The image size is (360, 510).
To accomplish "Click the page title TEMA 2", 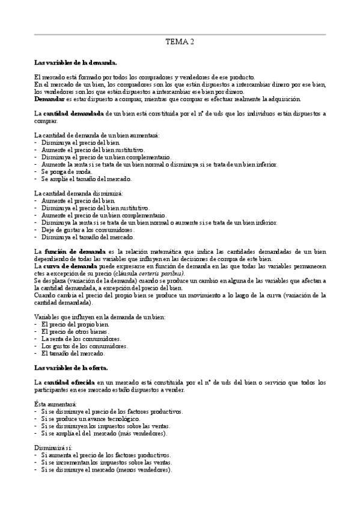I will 180,41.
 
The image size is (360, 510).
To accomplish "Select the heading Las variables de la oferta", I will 71,367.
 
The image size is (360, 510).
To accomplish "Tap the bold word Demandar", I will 49,99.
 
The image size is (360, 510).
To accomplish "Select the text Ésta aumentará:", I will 55,404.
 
